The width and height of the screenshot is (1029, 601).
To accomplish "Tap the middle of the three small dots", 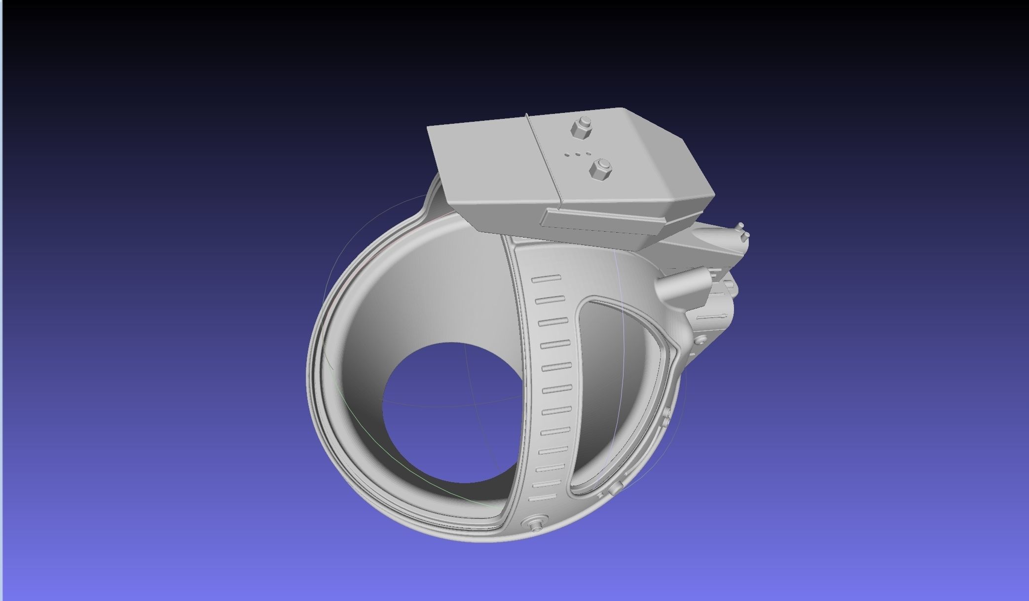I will click(x=577, y=154).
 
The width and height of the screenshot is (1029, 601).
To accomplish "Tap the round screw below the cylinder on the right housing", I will click(x=699, y=340).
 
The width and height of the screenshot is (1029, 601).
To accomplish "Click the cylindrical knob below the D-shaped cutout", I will click(x=614, y=490).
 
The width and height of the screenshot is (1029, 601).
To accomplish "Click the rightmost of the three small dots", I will click(x=588, y=154).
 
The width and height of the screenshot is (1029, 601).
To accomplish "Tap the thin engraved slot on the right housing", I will click(x=710, y=316).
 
